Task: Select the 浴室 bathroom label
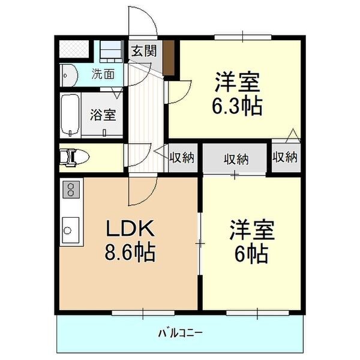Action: (x=103, y=114)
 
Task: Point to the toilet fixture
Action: (x=75, y=157)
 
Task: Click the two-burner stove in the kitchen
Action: (x=71, y=190)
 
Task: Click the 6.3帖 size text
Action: (x=236, y=106)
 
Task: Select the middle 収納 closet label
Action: (x=236, y=159)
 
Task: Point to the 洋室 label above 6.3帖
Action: (x=237, y=80)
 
